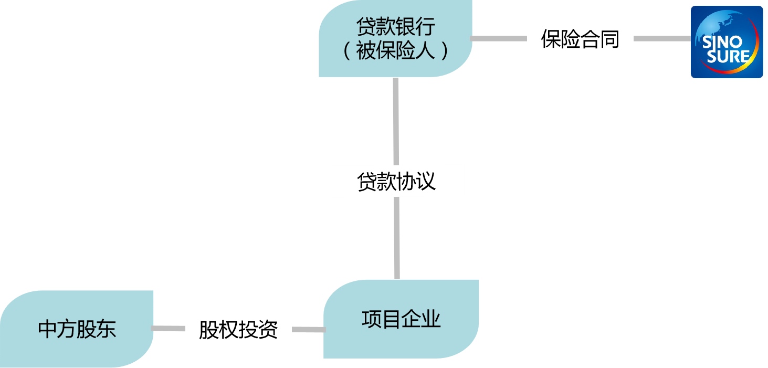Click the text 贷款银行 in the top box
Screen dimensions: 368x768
click(x=396, y=27)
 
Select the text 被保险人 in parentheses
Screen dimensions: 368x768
click(x=396, y=51)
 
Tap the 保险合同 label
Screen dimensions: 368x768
click(x=580, y=39)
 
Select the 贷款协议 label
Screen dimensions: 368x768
click(x=396, y=182)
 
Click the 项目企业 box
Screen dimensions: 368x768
click(x=401, y=319)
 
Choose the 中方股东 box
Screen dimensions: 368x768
click(x=77, y=329)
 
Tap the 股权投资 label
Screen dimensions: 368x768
click(x=238, y=329)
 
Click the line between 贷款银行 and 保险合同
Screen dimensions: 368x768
click(x=499, y=39)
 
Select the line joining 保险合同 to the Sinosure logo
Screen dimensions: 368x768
click(x=661, y=39)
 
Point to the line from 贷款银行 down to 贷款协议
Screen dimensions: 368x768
click(x=396, y=121)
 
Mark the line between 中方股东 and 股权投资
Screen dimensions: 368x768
click(x=169, y=329)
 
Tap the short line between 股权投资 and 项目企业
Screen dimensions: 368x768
click(x=308, y=330)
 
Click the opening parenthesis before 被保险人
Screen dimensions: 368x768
click(x=347, y=51)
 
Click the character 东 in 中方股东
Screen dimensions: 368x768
click(x=107, y=329)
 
